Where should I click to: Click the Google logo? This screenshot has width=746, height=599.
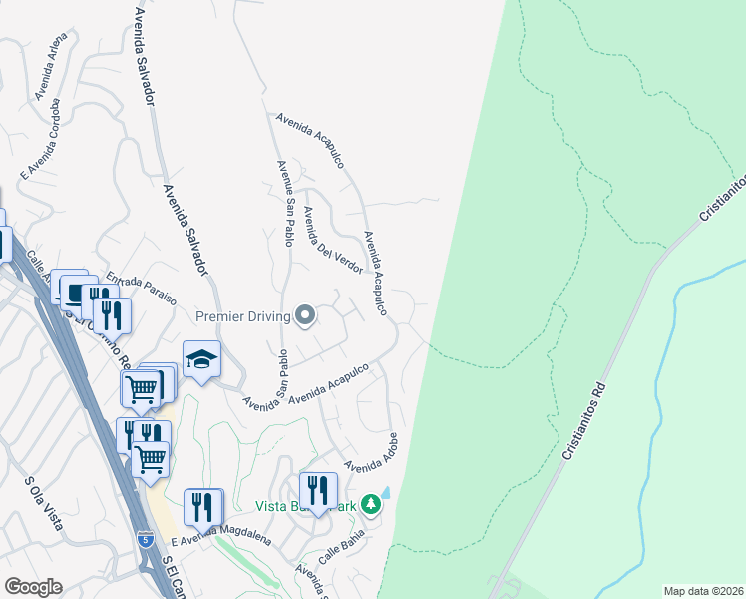click(x=33, y=587)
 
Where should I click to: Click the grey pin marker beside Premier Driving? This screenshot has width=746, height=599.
click(x=306, y=316)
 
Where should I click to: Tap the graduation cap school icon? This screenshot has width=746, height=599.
click(x=201, y=360)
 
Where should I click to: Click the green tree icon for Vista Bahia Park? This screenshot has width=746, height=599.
click(x=371, y=504)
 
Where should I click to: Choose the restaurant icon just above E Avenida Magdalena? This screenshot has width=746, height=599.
click(x=203, y=507)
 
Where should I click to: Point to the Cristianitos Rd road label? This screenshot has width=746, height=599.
click(x=583, y=418)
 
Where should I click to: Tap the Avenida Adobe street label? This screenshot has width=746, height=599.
click(x=373, y=452)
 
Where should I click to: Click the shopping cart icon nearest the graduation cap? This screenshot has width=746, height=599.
click(x=142, y=389)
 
